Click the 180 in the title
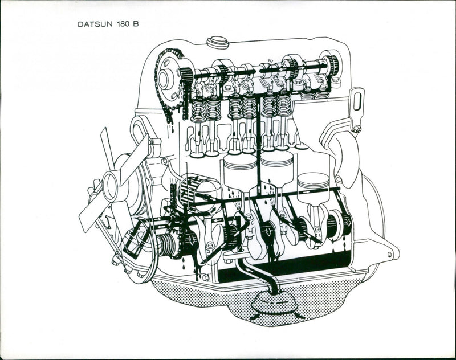120,25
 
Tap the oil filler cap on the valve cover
217,42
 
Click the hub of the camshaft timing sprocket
166,78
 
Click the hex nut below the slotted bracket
357,129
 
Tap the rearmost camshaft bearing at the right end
330,66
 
